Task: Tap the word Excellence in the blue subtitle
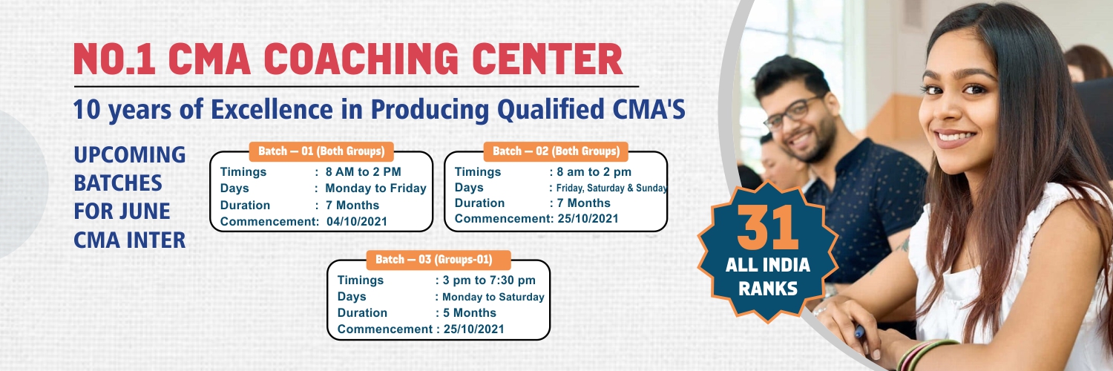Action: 272,109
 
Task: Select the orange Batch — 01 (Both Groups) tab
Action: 321,151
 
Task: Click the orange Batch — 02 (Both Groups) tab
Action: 556,151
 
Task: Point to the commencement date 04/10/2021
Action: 357,222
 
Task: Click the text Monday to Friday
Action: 375,188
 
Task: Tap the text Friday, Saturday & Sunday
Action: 611,188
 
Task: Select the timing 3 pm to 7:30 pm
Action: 489,280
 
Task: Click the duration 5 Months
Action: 470,313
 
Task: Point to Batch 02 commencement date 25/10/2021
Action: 588,219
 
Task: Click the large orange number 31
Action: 768,228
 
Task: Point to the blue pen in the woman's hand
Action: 859,331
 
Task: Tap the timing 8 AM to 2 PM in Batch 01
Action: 364,172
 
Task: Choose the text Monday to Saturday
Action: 493,297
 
